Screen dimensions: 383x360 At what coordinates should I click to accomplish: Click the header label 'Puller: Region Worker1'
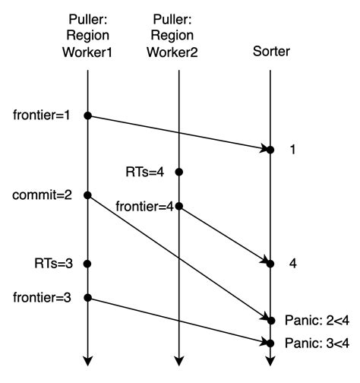point(87,35)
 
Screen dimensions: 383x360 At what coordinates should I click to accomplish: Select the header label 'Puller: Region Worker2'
point(178,35)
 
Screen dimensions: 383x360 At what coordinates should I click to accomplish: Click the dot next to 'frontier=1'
point(87,116)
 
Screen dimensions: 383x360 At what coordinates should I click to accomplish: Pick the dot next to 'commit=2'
point(87,195)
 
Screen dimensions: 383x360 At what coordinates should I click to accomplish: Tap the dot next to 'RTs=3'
point(87,264)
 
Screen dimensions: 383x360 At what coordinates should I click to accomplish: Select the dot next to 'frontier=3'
point(87,297)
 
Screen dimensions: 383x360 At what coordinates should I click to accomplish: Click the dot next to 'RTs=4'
point(178,173)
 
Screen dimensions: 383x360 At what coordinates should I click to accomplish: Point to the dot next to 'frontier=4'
point(178,205)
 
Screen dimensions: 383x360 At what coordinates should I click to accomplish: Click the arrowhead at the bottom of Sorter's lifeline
point(270,362)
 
